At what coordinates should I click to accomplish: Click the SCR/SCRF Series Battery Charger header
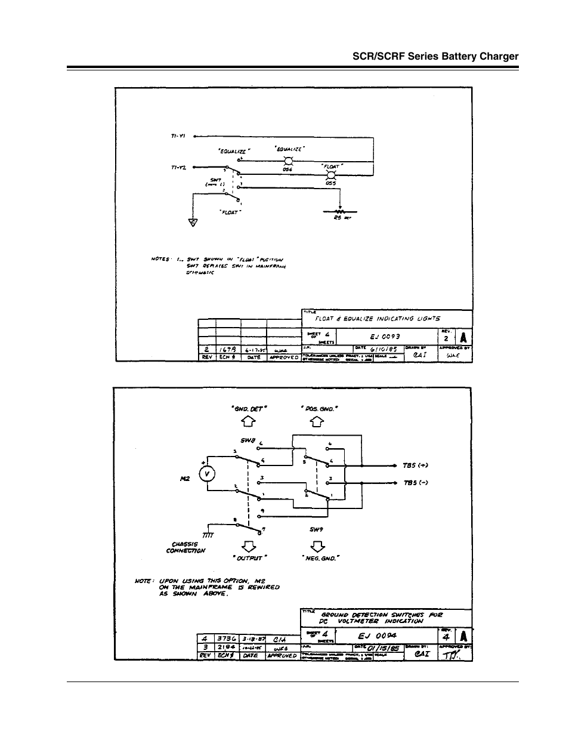click(x=435, y=57)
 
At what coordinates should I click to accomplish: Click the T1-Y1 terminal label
click(x=179, y=136)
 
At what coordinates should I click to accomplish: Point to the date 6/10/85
click(x=384, y=349)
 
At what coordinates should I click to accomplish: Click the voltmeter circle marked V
click(x=206, y=474)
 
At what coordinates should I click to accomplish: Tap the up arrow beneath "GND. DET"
click(x=248, y=422)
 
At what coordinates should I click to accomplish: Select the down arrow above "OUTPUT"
click(x=248, y=545)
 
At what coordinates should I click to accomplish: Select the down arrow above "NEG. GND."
click(x=318, y=545)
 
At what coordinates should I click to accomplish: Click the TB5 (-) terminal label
click(x=416, y=482)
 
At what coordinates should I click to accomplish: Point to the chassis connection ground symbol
click(x=209, y=535)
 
